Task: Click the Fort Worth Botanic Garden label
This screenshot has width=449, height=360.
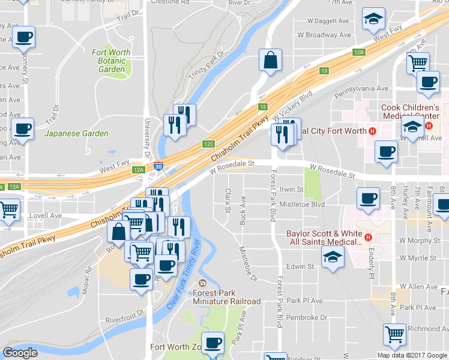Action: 112,61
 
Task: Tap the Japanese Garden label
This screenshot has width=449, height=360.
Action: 77,133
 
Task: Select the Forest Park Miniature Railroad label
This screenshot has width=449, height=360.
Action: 226,297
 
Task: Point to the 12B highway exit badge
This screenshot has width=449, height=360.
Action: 358,53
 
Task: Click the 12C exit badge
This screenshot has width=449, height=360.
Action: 208,144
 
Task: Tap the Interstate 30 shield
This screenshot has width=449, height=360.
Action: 158,167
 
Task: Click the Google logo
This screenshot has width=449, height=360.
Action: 20,353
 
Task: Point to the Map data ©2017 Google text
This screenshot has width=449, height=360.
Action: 412,355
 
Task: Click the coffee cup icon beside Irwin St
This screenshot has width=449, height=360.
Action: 367,197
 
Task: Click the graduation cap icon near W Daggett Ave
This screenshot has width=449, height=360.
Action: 373,19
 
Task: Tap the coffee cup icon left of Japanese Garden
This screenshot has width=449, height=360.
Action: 23,128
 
